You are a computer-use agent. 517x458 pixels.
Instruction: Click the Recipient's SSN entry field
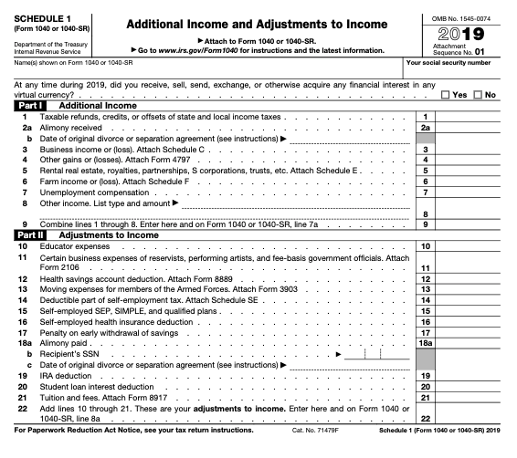[x=364, y=354]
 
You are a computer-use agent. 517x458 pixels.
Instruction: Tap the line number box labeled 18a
[x=423, y=343]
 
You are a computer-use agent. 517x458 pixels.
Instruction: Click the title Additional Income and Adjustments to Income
[x=259, y=22]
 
